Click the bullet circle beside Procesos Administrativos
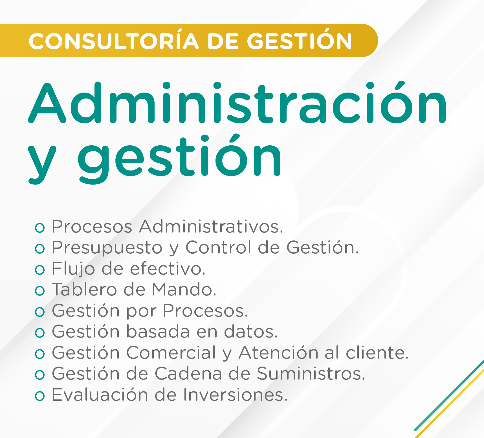coord(40,227)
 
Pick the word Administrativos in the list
coord(211,226)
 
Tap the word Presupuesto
coord(107,248)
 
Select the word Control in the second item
coord(219,248)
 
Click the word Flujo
coord(73,269)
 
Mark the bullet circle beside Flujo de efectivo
coord(40,270)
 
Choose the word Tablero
coord(85,290)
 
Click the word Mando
coord(184,290)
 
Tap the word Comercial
coord(171,353)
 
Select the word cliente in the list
coord(377,353)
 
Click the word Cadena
coord(188,374)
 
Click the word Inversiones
coord(236,395)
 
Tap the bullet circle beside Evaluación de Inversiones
coord(40,396)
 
